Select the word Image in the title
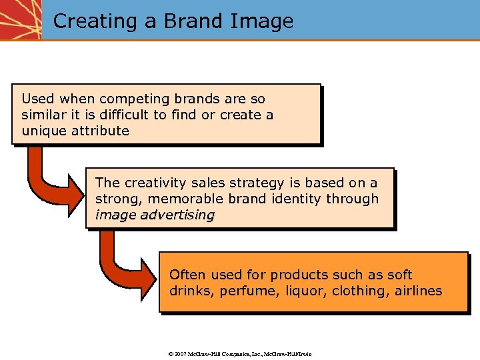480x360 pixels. click(261, 21)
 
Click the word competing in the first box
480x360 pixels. click(128, 99)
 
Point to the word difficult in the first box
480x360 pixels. click(125, 115)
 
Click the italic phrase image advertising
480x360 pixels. click(155, 215)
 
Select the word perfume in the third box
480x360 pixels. click(243, 291)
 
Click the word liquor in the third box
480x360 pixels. click(297, 291)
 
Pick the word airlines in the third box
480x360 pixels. click(417, 291)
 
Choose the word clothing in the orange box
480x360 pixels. click(351, 291)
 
